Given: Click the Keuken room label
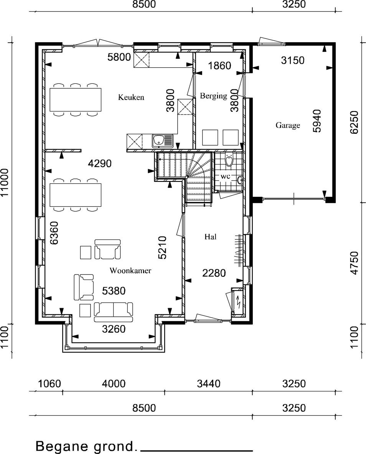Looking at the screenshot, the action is click(131, 97).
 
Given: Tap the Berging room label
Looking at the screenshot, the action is click(213, 96).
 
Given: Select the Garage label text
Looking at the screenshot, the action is click(288, 125).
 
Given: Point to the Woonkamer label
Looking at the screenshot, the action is click(130, 270).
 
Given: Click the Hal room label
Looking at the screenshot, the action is click(210, 237).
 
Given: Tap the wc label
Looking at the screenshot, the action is click(225, 176).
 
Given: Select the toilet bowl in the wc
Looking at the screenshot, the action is click(229, 160).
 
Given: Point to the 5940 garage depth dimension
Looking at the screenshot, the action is click(317, 121).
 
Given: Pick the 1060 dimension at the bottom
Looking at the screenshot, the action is click(49, 384).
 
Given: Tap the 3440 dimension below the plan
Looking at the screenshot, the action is click(208, 384).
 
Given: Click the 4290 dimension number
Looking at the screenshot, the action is click(100, 164).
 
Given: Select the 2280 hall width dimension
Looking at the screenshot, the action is click(214, 273).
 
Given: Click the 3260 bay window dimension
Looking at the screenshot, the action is click(114, 329).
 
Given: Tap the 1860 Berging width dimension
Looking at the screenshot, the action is click(219, 66).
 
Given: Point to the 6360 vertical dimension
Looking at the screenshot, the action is click(54, 233).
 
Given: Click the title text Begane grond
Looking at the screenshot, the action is click(86, 446).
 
